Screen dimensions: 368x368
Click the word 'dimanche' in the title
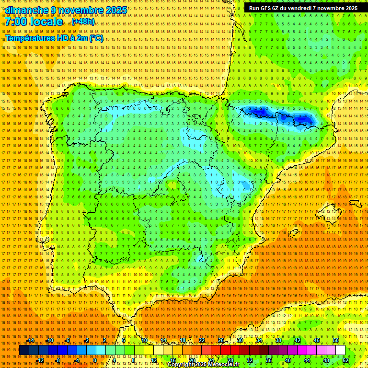coord(27,10)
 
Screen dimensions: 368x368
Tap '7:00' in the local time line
coord(18,22)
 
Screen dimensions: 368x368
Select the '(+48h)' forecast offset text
coord(83,22)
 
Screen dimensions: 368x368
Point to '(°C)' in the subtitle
coord(96,38)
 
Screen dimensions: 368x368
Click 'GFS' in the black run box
coord(265,8)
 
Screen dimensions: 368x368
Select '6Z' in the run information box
coord(277,8)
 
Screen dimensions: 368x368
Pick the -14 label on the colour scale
coord(31,340)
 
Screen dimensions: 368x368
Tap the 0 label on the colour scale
coord(95,360)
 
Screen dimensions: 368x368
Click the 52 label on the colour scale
coord(345,360)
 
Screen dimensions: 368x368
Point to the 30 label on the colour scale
coord(240,340)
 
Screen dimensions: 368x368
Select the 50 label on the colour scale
coord(336,340)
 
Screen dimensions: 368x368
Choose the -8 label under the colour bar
coord(58,360)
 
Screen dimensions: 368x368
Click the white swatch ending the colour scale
coord(340,350)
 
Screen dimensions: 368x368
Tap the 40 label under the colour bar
coord(287,360)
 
